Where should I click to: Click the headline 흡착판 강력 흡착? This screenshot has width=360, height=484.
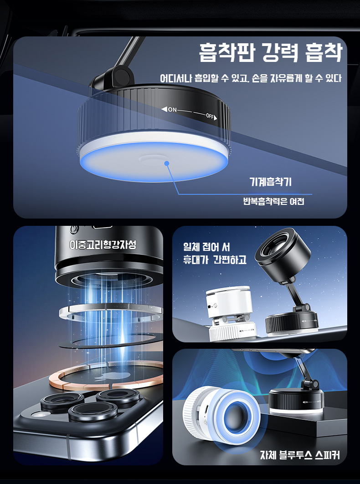click(x=271, y=53)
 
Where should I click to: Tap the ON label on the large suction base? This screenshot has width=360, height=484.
click(x=172, y=110)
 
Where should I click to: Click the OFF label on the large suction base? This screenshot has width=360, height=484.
click(x=210, y=116)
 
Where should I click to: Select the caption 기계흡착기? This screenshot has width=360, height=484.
click(x=270, y=182)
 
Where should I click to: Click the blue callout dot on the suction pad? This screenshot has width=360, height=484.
click(x=167, y=163)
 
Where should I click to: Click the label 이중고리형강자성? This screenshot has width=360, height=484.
click(x=103, y=245)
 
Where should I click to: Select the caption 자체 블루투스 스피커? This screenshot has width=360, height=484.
click(x=300, y=455)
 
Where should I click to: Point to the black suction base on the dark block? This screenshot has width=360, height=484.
click(x=296, y=401)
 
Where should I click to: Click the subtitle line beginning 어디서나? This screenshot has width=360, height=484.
click(x=251, y=78)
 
